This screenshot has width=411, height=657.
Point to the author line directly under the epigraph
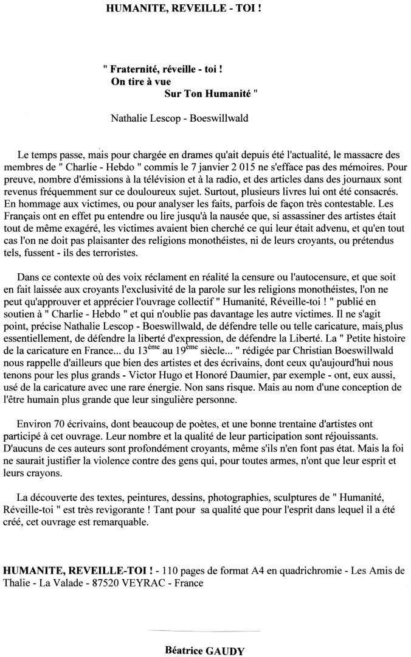(x=179, y=119)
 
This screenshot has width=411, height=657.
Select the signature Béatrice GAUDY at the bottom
(x=204, y=650)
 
